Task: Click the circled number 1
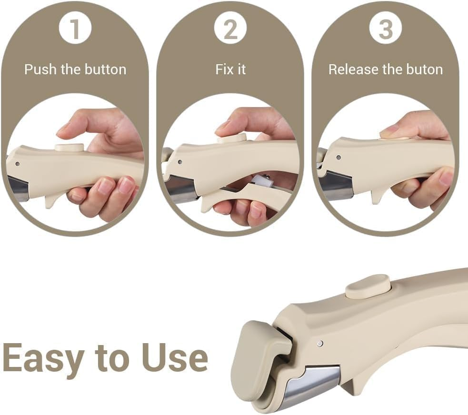(75, 29)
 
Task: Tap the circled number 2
(230, 29)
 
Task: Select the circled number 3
(386, 29)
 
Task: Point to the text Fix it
(230, 69)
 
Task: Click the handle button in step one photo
(70, 147)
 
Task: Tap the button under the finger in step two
(232, 138)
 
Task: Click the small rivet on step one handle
(18, 163)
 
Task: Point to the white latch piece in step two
(262, 181)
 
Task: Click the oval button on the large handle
(368, 287)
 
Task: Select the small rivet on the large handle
(320, 343)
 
